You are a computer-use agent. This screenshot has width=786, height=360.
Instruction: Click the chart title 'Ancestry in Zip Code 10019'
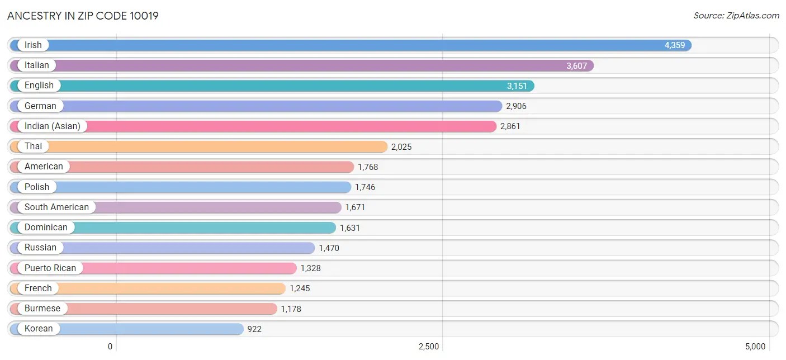point(83,16)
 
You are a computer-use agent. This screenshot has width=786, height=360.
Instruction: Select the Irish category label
point(33,45)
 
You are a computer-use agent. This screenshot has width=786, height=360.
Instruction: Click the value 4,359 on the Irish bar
point(674,45)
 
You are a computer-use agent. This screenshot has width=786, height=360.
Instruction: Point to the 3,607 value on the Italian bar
point(576,65)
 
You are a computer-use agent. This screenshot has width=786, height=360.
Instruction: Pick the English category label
point(39,86)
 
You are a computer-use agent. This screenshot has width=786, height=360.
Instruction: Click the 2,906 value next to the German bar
point(516,106)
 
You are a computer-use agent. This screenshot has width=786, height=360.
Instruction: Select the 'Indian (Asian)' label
point(53,126)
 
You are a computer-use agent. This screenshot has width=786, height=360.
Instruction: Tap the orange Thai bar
point(224,146)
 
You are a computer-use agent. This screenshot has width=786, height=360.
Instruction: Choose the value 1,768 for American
point(368,167)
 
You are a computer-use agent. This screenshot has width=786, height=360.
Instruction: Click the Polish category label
point(37,187)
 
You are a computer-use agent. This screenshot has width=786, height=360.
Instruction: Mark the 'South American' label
point(56,207)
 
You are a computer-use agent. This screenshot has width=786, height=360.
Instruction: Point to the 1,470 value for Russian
point(329,248)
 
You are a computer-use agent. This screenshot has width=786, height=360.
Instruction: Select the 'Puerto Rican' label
point(50,268)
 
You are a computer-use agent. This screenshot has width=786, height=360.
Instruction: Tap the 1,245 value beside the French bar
point(300,288)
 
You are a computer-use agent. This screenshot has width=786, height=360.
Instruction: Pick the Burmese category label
point(42,309)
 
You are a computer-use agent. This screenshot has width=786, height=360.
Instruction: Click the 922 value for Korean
point(254,329)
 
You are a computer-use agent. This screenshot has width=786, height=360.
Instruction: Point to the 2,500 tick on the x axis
point(429,347)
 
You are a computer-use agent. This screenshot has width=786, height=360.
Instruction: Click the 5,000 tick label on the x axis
point(755,347)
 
